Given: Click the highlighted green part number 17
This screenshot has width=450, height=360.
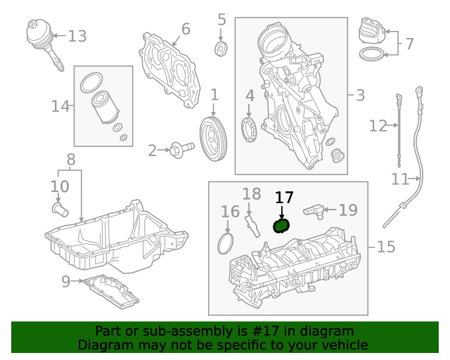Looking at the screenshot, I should pyautogui.click(x=281, y=225).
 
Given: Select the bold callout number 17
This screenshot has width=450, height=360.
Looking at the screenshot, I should pyautogui.click(x=284, y=198).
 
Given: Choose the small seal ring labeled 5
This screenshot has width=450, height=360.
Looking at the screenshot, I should pyautogui.click(x=221, y=49).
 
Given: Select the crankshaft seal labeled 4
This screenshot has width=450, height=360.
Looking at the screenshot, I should pyautogui.click(x=249, y=129).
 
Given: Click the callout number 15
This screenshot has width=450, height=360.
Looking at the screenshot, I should pyautogui.click(x=386, y=247).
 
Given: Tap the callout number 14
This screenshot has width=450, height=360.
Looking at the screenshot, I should pyautogui.click(x=60, y=106).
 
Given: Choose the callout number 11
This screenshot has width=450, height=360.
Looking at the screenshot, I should pyautogui.click(x=400, y=179).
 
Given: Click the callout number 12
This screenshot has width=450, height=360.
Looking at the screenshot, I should pyautogui.click(x=378, y=126).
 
